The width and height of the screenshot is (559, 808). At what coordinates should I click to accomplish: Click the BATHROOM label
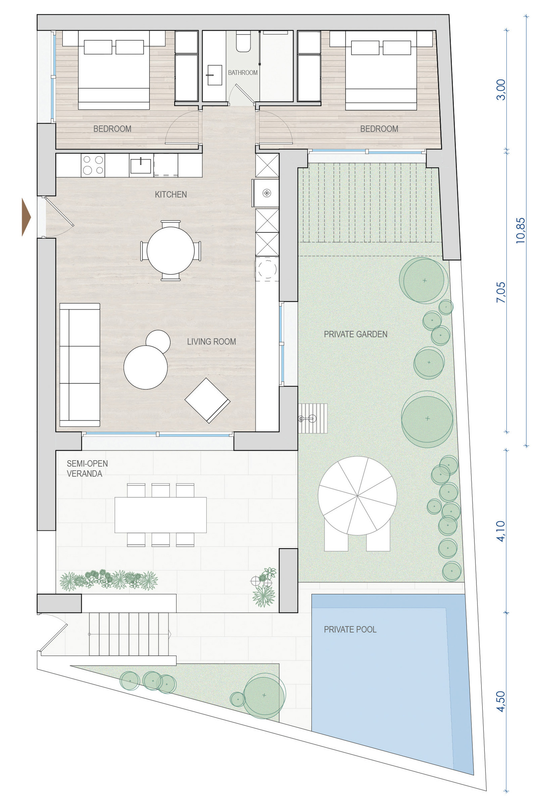pyautogui.click(x=243, y=72)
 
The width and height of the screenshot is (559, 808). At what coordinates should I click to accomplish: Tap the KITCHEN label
pyautogui.click(x=171, y=194)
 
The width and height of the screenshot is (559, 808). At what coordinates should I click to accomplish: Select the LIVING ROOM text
pyautogui.click(x=212, y=341)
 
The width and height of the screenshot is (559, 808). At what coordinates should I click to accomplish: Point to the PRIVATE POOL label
pyautogui.click(x=350, y=630)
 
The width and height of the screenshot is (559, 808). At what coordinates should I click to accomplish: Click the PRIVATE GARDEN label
pyautogui.click(x=356, y=334)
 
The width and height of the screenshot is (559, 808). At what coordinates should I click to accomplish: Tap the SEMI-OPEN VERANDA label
pyautogui.click(x=87, y=468)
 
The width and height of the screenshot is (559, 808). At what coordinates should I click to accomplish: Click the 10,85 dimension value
pyautogui.click(x=520, y=230)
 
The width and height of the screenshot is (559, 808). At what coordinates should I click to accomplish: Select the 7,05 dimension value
pyautogui.click(x=501, y=292)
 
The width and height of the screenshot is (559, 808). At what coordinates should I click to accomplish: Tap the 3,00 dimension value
pyautogui.click(x=501, y=90)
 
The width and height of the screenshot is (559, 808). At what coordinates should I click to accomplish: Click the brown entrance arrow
pyautogui.click(x=26, y=217)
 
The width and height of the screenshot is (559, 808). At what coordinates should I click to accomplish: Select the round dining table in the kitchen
pyautogui.click(x=170, y=251)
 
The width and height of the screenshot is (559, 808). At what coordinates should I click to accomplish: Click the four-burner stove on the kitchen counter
pyautogui.click(x=93, y=165)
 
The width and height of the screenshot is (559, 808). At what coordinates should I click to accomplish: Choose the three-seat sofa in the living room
pyautogui.click(x=80, y=365)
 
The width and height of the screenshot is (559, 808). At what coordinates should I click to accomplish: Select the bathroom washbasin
pyautogui.click(x=214, y=75)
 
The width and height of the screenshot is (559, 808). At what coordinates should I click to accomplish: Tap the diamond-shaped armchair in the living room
pyautogui.click(x=208, y=400)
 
